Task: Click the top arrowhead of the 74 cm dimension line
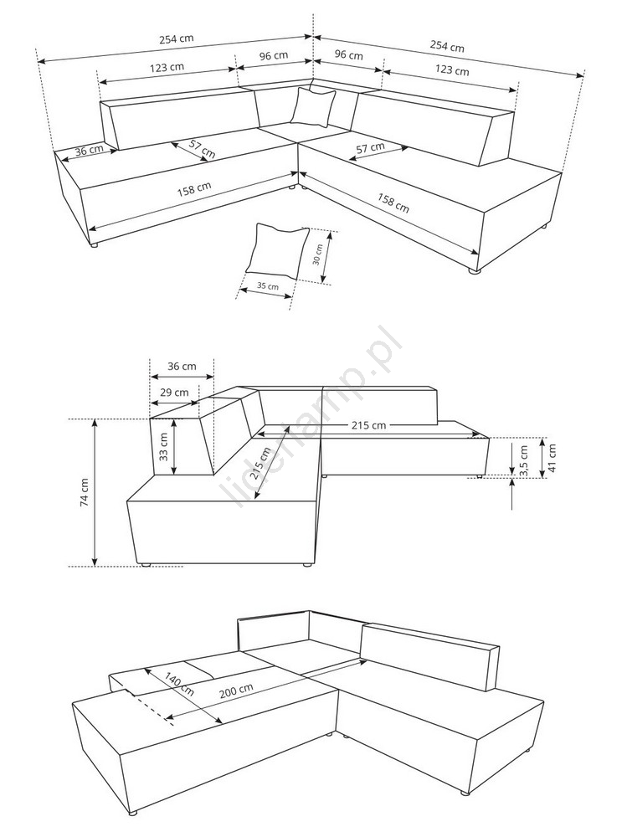pos(95,422)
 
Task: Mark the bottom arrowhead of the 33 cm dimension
pos(174,470)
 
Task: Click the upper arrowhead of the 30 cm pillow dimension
pos(330,234)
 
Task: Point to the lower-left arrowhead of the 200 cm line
pos(170,717)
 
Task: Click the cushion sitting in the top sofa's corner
pos(313,107)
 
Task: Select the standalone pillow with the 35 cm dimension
pos(278,250)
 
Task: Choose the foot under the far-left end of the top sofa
pos(94,245)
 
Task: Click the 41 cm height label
pos(552,458)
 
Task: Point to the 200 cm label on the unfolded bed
pos(236,691)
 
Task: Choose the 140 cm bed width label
pos(179,684)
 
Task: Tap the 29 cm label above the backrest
pos(174,393)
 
